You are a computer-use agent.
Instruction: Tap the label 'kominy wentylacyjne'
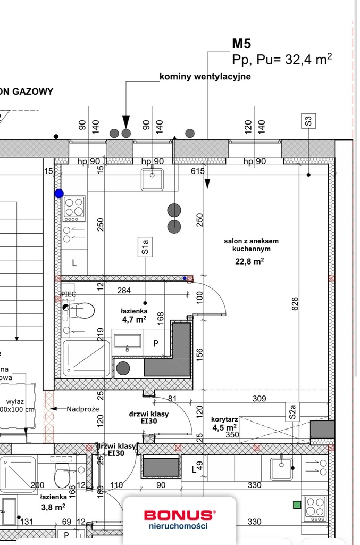205,77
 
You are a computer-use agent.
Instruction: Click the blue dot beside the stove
58,194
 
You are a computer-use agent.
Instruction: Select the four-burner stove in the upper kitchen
74,208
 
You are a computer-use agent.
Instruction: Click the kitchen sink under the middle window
153,179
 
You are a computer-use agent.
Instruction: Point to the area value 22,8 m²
249,261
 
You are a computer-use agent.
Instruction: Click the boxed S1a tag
145,247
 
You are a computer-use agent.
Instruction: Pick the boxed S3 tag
308,121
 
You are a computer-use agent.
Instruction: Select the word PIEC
69,294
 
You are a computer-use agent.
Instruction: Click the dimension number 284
123,290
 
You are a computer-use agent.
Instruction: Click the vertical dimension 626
295,303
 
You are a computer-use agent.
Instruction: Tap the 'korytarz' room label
224,419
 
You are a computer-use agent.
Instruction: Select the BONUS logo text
178,515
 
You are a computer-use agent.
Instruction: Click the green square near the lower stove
297,504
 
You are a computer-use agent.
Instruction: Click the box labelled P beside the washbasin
156,344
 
